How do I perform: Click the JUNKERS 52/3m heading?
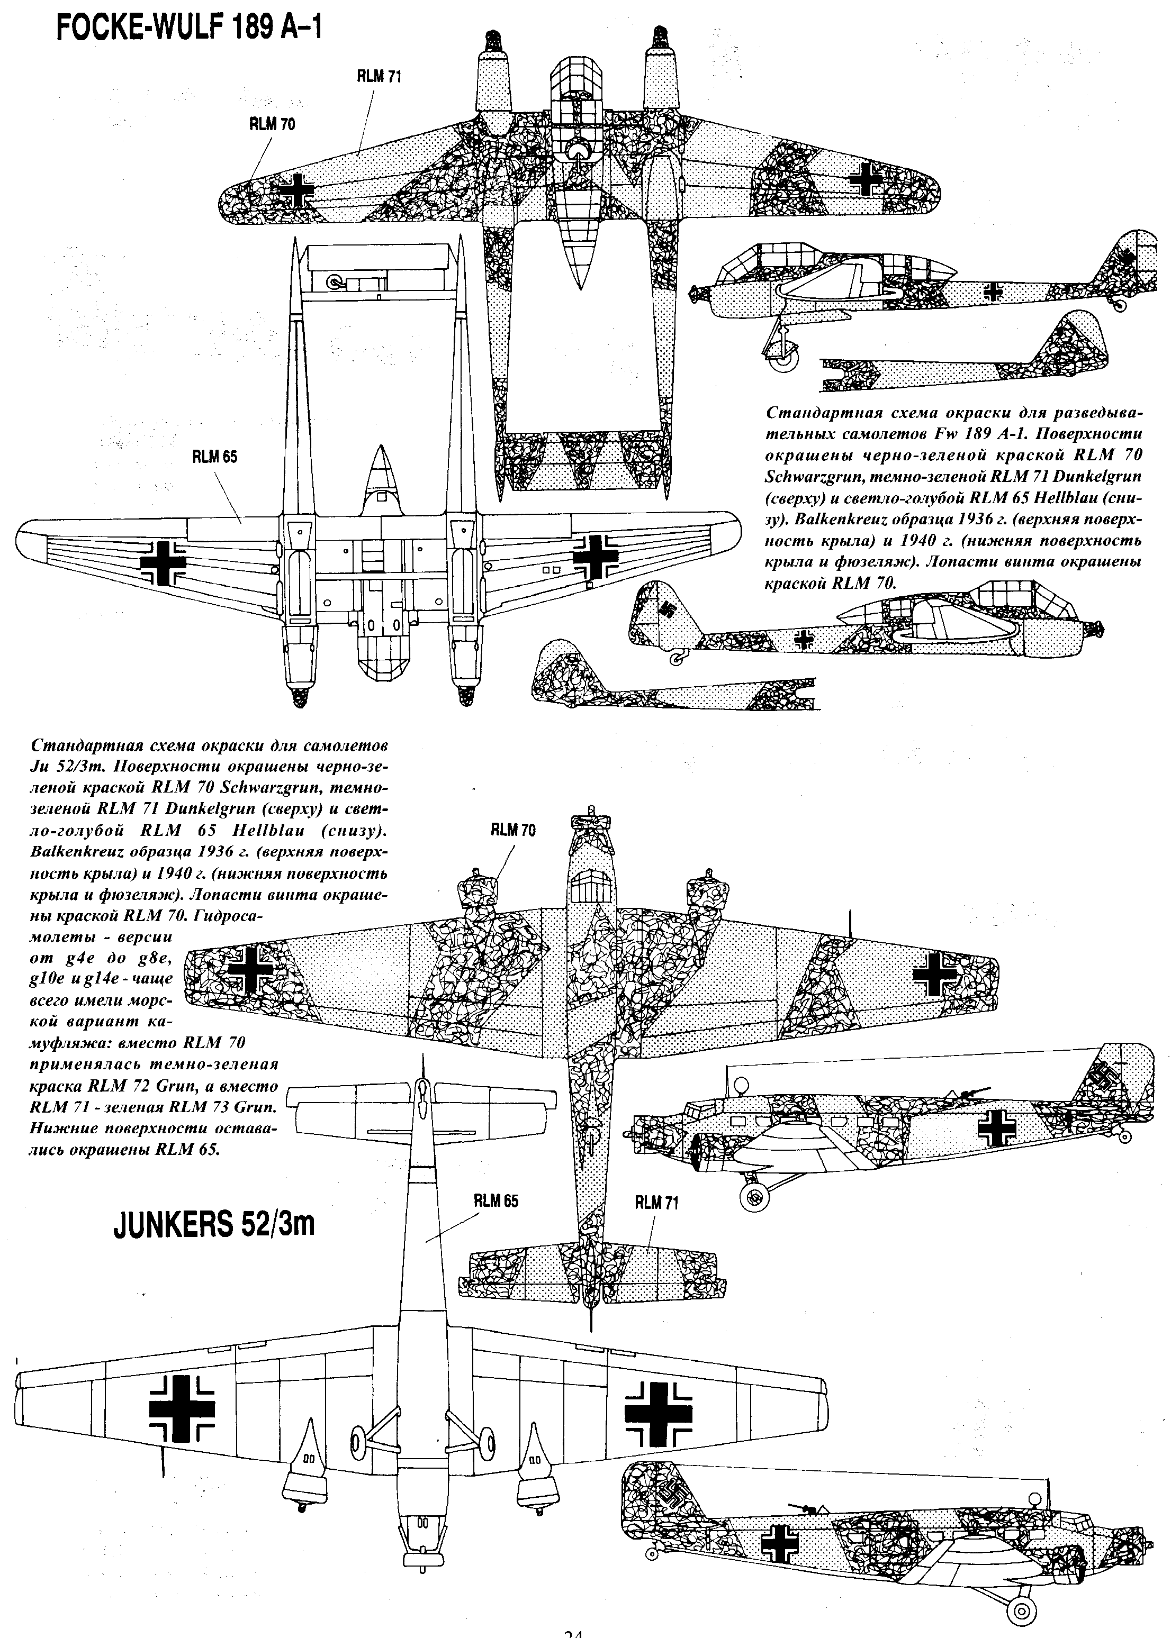click(214, 1224)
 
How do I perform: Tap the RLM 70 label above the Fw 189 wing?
click(272, 124)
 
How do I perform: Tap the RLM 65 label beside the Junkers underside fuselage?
click(496, 1200)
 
